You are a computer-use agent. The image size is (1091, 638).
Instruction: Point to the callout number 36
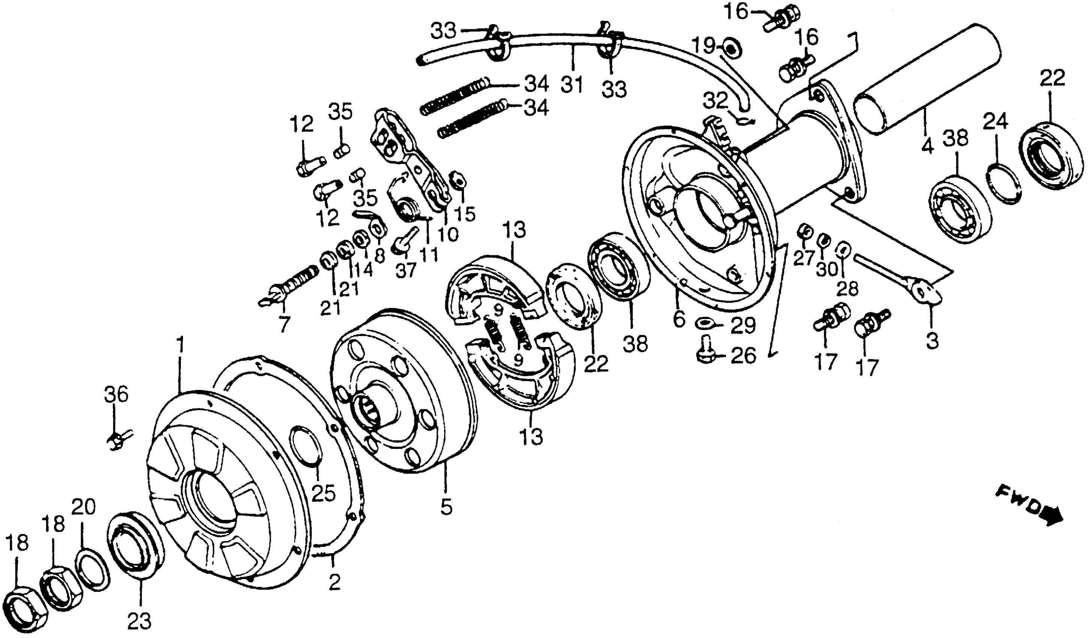tap(116, 395)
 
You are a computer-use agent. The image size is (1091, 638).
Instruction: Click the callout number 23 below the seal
tap(140, 621)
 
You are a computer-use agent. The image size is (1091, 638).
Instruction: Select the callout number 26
tap(744, 356)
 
